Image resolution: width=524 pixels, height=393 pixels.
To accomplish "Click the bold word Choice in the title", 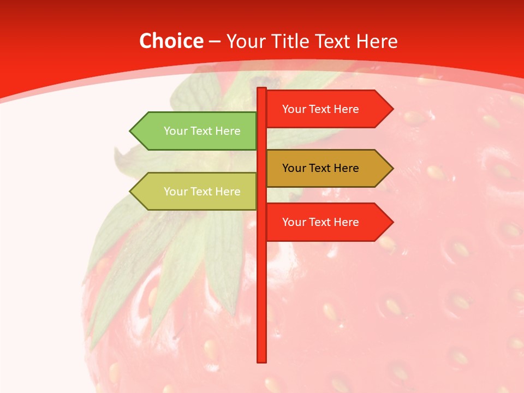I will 171,41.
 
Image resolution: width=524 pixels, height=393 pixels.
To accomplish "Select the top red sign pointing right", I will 327,109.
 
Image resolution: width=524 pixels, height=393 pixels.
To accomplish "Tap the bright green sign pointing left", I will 196,131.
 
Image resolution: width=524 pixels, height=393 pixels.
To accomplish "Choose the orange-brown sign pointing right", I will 327,168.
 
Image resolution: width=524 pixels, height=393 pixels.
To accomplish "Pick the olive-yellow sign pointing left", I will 196,192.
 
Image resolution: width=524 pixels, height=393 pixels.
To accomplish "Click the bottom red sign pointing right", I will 327,222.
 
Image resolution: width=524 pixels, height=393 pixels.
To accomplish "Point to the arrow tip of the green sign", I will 132,131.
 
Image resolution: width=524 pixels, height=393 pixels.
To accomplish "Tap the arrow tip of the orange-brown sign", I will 391,168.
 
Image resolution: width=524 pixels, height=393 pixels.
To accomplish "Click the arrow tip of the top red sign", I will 391,109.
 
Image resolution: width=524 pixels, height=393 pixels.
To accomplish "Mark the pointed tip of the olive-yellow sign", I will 132,192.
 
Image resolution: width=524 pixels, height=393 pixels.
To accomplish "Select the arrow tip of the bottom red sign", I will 391,222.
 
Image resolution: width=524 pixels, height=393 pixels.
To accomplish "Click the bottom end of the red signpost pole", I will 262,360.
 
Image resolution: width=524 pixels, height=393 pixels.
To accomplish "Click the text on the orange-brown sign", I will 320,168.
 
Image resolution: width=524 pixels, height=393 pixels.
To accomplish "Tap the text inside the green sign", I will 202,131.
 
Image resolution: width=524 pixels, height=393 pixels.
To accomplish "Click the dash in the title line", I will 215,41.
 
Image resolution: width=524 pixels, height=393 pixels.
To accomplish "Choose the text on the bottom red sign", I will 320,222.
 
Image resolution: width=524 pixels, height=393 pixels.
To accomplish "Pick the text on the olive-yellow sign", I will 202,192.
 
